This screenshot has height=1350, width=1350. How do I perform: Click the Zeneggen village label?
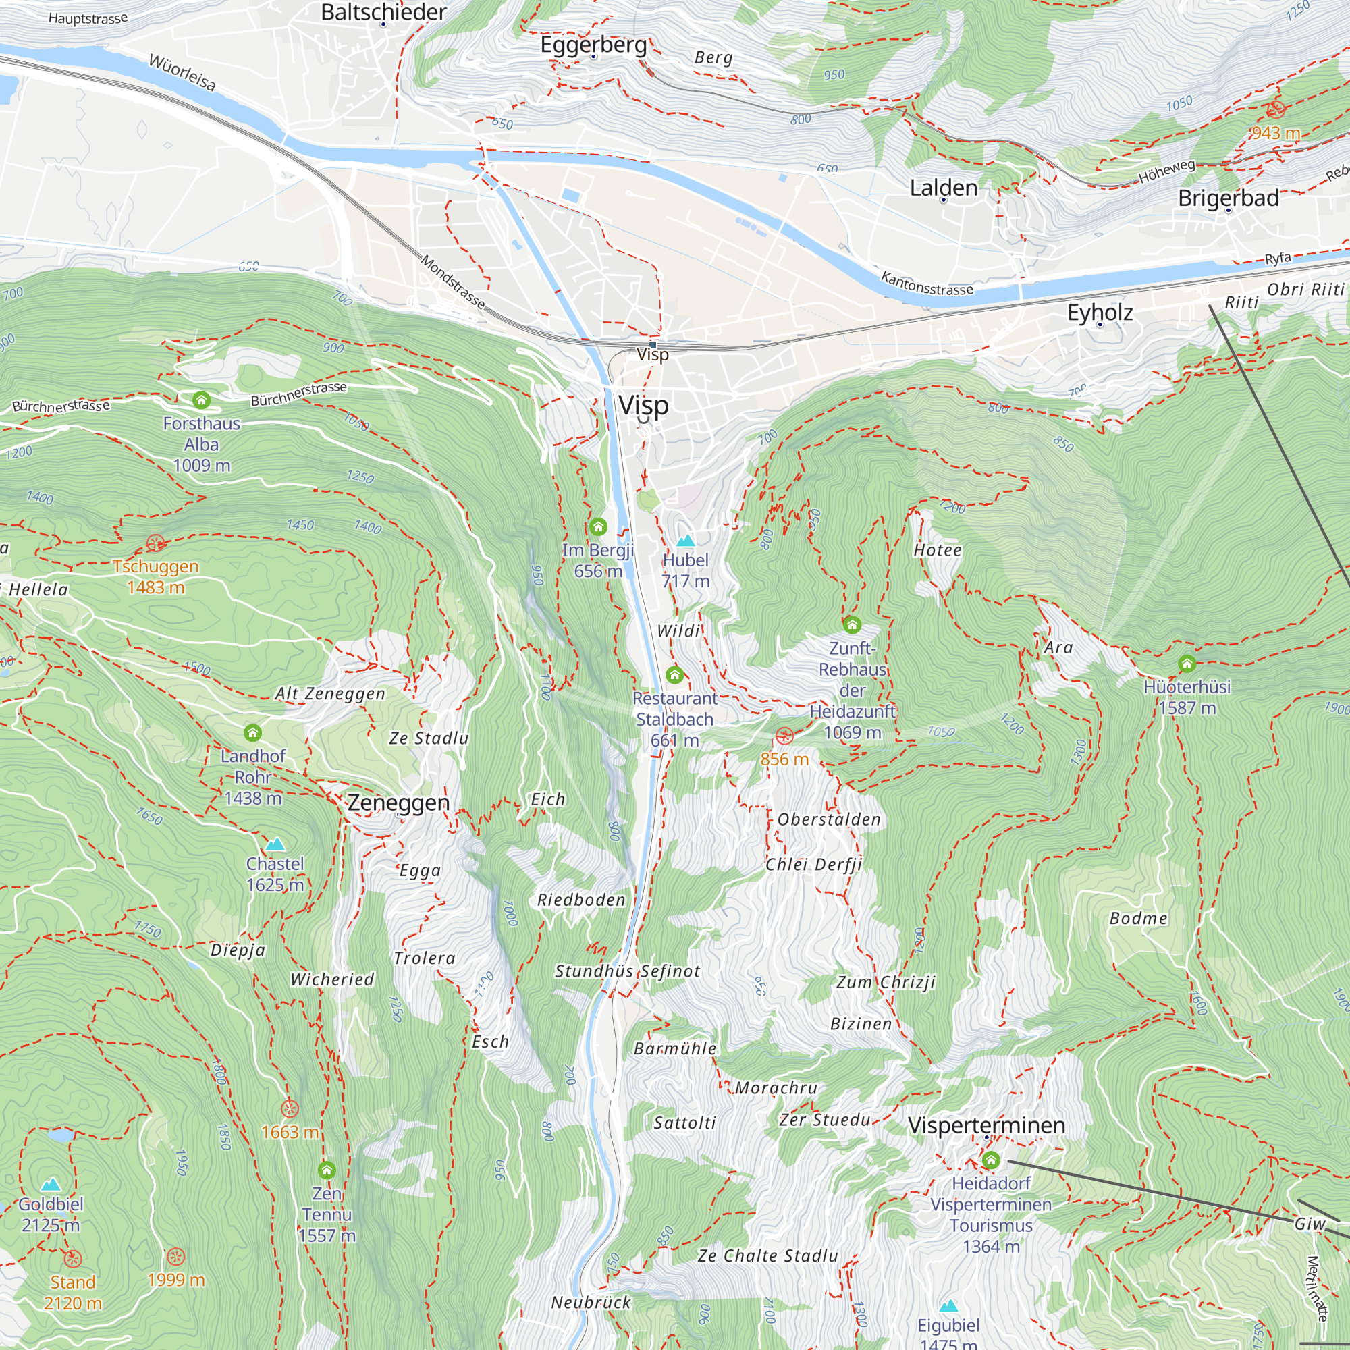click(398, 802)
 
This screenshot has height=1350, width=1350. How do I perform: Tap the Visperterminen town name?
click(986, 1125)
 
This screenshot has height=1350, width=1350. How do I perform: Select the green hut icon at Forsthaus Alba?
click(201, 400)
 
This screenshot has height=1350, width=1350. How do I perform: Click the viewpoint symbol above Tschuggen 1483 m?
click(155, 543)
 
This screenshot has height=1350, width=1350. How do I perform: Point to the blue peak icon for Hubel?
click(686, 540)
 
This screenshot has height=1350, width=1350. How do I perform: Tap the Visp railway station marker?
click(653, 344)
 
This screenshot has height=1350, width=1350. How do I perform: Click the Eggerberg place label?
click(593, 45)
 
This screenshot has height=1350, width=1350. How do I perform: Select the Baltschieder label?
click(383, 12)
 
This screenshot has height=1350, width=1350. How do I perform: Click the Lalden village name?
click(944, 187)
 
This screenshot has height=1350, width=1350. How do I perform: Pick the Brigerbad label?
click(1228, 198)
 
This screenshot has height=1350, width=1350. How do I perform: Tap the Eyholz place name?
click(1100, 312)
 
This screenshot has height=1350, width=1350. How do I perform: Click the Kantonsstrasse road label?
click(927, 283)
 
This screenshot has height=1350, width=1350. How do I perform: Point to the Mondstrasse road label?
click(453, 281)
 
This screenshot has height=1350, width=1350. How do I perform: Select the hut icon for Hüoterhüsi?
click(1187, 663)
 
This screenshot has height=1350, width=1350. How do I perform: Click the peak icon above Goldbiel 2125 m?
click(51, 1185)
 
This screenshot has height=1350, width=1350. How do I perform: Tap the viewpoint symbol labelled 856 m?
click(784, 736)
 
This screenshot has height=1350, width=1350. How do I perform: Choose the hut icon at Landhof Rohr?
click(252, 732)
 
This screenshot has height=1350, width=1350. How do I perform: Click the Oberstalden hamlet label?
click(829, 819)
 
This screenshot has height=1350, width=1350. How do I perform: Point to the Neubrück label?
click(591, 1303)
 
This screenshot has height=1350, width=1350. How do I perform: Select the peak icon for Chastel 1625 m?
click(275, 844)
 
